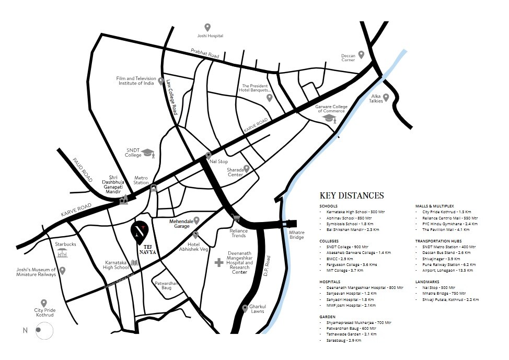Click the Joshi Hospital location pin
[207, 27]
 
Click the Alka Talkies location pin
[386, 97]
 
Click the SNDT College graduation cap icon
[149, 153]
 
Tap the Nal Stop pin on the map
[208, 155]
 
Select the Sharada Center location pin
[247, 169]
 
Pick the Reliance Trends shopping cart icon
[236, 218]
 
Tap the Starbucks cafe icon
[63, 253]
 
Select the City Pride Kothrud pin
[44, 303]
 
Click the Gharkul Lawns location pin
[245, 308]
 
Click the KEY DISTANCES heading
[351, 195]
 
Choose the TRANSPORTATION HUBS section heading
[438, 241]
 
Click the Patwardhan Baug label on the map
[167, 285]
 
